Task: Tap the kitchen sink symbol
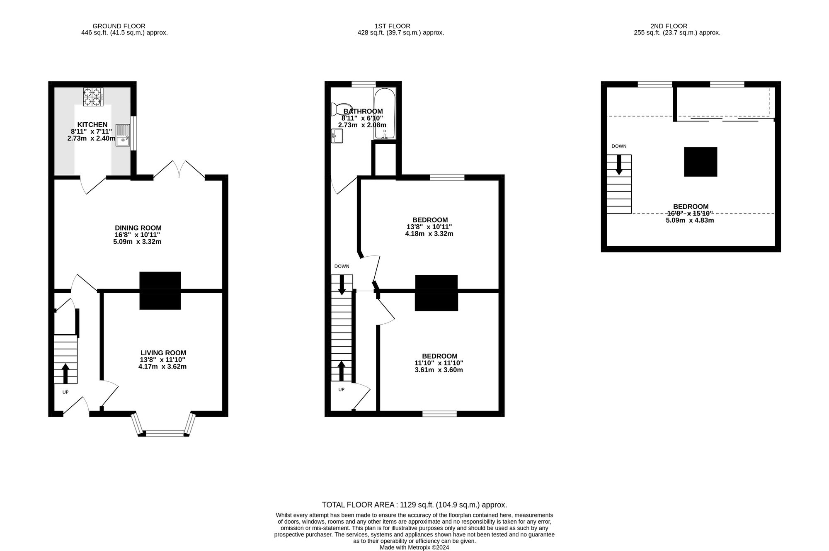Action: click(123, 135)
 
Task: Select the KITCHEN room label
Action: click(92, 124)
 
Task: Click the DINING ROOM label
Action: click(138, 228)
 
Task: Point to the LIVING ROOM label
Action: click(163, 353)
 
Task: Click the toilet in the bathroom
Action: click(340, 109)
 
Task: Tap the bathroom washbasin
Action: click(337, 136)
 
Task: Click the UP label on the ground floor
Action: click(65, 392)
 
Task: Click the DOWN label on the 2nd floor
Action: click(619, 146)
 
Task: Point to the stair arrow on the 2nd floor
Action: click(619, 165)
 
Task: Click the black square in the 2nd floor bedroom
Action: click(700, 162)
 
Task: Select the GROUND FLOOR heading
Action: click(119, 26)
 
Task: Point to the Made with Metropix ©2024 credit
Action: click(414, 547)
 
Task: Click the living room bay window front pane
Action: click(165, 434)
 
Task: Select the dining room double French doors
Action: click(179, 170)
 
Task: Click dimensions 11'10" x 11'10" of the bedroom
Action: click(439, 363)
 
